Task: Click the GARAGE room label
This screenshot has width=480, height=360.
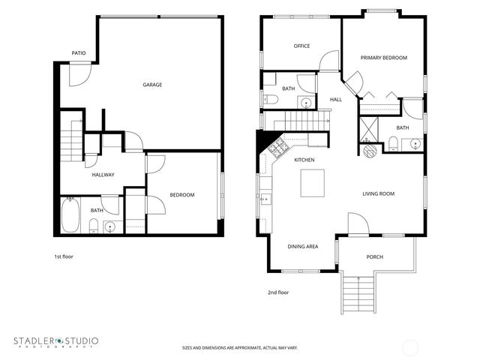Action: pyautogui.click(x=152, y=85)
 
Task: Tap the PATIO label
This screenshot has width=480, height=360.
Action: pyautogui.click(x=78, y=53)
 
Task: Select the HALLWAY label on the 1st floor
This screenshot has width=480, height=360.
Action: pyautogui.click(x=103, y=175)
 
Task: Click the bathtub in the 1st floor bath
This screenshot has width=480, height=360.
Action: pyautogui.click(x=70, y=214)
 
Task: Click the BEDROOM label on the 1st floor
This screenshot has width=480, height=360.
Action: pyautogui.click(x=181, y=195)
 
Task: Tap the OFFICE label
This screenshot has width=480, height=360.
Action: pyautogui.click(x=301, y=46)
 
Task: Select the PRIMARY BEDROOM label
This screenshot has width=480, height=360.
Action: pyautogui.click(x=383, y=58)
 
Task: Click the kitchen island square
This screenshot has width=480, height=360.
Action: pyautogui.click(x=313, y=182)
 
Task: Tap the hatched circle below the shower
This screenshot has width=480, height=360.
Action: pyautogui.click(x=370, y=150)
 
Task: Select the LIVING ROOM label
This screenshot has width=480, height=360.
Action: pyautogui.click(x=378, y=193)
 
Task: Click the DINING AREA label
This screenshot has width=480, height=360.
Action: pyautogui.click(x=303, y=246)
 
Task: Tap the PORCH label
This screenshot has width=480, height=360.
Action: pyautogui.click(x=374, y=257)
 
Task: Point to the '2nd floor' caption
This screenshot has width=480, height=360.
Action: pyautogui.click(x=278, y=292)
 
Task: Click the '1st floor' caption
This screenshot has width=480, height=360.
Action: pyautogui.click(x=63, y=256)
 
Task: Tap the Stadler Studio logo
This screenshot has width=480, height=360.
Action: pyautogui.click(x=55, y=342)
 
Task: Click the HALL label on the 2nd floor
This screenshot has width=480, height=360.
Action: pyautogui.click(x=335, y=99)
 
